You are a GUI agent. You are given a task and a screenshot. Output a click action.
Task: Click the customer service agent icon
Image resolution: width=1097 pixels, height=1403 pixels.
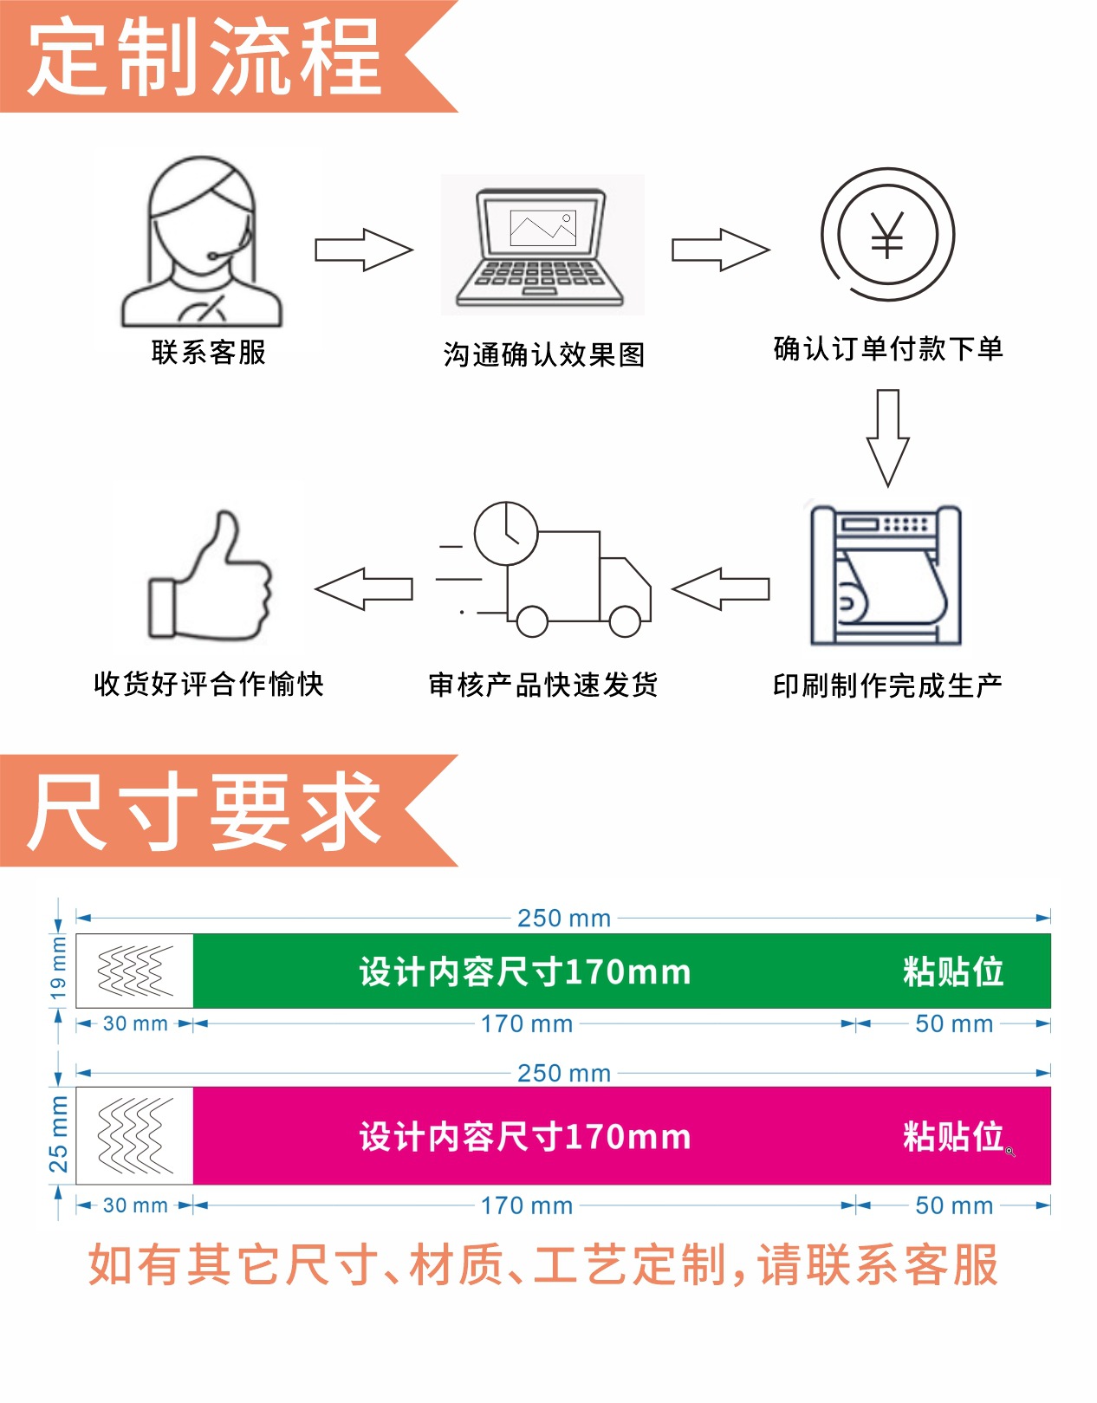tap(202, 243)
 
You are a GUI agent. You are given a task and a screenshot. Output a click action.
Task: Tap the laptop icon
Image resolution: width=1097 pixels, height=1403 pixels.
tap(541, 248)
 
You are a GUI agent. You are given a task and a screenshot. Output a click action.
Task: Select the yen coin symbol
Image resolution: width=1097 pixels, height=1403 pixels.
tap(887, 235)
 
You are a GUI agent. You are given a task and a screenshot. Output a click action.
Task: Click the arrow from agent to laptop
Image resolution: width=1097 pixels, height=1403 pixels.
tap(363, 250)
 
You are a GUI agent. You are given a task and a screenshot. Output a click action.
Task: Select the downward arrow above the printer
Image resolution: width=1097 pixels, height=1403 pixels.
tap(887, 438)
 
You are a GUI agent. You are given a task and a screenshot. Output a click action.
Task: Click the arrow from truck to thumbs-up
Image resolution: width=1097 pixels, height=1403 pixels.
tap(364, 589)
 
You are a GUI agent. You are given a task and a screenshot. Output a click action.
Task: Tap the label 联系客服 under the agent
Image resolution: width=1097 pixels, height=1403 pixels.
tap(209, 353)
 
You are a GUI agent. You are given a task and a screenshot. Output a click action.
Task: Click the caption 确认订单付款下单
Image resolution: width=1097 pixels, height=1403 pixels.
tap(888, 349)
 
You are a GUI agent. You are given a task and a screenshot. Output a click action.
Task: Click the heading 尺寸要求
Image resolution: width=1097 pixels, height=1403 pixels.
tap(205, 811)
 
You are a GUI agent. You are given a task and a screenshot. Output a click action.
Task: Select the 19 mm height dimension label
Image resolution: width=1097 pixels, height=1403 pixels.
tap(58, 967)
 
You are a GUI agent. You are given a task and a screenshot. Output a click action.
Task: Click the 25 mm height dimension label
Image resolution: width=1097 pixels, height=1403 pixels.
tap(58, 1134)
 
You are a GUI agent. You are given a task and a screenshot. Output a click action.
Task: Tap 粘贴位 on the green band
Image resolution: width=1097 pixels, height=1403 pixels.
tap(953, 971)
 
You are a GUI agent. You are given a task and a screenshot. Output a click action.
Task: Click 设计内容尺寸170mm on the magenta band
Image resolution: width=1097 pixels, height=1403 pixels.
tap(525, 1137)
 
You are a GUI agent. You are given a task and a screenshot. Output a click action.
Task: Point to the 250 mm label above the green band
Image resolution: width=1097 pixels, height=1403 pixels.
tap(564, 919)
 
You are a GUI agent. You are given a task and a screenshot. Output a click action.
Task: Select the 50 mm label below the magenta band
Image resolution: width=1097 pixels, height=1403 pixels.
tap(954, 1205)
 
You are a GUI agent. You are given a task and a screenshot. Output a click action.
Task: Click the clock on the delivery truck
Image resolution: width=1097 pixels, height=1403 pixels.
tap(507, 533)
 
